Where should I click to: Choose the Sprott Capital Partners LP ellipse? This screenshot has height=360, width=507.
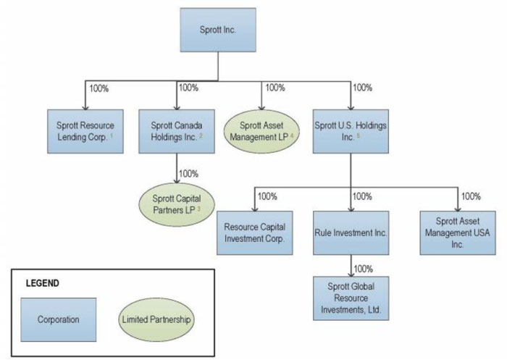pyautogui.click(x=177, y=204)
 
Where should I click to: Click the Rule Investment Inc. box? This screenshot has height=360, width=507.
pyautogui.click(x=351, y=232)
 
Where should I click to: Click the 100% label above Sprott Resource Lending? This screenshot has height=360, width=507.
pyautogui.click(x=99, y=88)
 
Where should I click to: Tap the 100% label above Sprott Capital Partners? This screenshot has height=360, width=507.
pyautogui.click(x=188, y=173)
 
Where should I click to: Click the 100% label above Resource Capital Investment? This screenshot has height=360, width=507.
pyautogui.click(x=268, y=196)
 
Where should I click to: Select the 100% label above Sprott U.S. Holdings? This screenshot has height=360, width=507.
pyautogui.click(x=362, y=88)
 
